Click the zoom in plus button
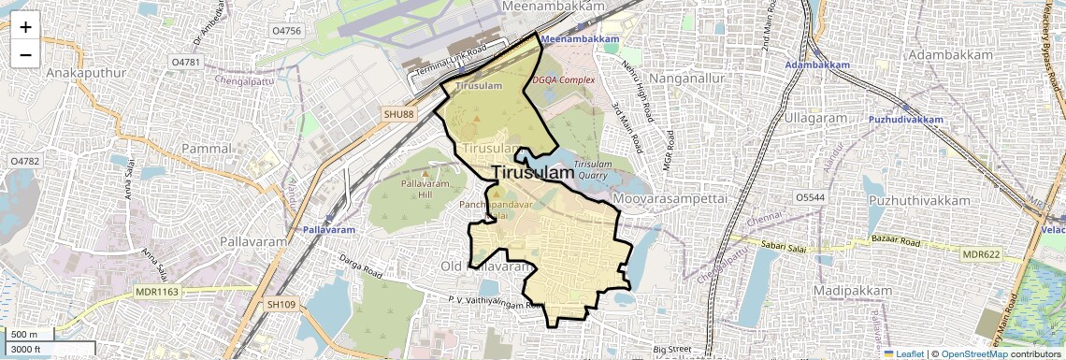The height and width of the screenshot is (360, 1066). tap(25, 26)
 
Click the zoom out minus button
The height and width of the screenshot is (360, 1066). tap(25, 54)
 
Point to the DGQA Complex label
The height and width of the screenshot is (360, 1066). tap(564, 80)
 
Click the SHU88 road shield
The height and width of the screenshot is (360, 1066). tap(397, 114)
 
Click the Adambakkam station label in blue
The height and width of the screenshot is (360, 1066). tap(817, 65)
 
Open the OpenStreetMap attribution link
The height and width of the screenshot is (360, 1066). tap(973, 353)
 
